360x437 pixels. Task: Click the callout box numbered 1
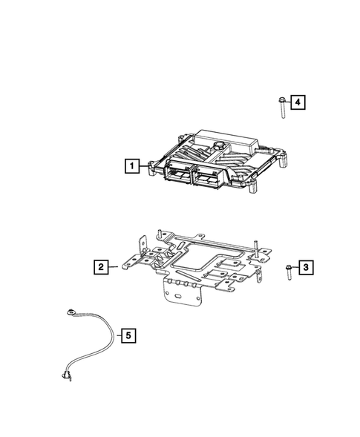click(x=132, y=166)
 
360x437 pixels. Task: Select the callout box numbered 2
click(x=99, y=265)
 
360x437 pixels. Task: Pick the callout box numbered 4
click(x=297, y=103)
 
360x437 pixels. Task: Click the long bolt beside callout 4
click(x=283, y=108)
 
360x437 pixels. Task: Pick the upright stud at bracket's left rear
click(x=160, y=235)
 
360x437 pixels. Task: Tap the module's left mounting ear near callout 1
click(x=153, y=166)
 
